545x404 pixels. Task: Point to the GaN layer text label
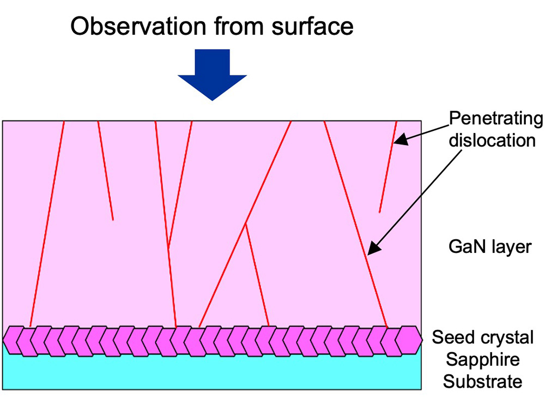click(489, 247)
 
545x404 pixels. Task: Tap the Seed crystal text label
click(483, 337)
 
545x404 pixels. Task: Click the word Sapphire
click(482, 359)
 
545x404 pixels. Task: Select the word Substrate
click(482, 381)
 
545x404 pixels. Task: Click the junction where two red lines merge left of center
click(168, 249)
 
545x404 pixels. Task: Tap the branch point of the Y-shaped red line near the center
click(246, 224)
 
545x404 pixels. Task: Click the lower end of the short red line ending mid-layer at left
click(113, 220)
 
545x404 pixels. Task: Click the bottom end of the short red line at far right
click(379, 212)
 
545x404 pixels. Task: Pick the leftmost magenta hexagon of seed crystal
click(13, 340)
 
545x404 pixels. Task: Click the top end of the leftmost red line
click(64, 122)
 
